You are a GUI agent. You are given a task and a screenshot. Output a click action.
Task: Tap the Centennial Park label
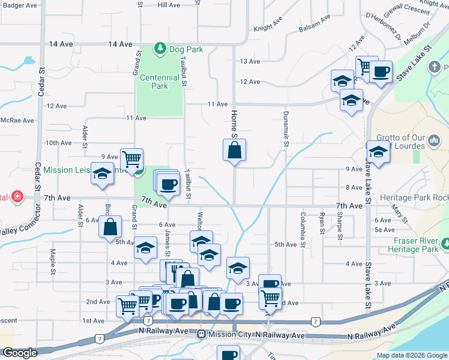[159, 82]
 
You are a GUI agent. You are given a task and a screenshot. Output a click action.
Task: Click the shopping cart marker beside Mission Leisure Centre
[131, 159]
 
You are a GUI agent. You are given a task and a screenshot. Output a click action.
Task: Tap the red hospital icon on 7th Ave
[17, 196]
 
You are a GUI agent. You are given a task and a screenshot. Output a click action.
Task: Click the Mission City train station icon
[202, 334]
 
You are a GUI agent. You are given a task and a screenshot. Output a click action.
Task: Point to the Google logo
[20, 353]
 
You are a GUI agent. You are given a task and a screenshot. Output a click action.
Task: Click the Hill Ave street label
[169, 5]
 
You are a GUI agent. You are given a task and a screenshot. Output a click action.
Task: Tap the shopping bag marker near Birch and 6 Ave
[110, 227]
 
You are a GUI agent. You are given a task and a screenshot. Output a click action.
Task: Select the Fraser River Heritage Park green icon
[445, 244]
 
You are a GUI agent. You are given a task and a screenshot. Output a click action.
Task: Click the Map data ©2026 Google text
[412, 355]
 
